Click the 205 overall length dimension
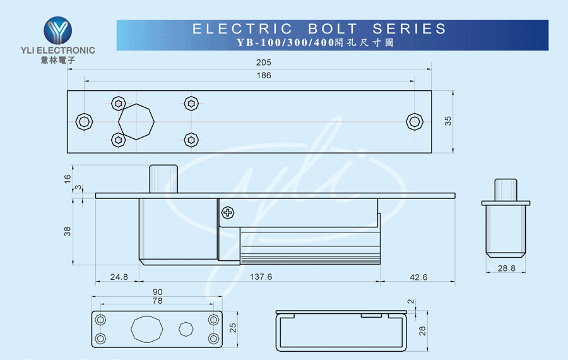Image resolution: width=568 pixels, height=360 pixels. coord(263,63)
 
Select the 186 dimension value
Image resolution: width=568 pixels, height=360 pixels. coord(263,75)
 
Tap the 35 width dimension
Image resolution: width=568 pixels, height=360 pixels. coord(448,121)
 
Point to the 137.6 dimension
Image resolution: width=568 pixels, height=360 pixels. coord(261,277)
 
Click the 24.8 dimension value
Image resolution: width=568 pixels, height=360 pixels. coord(119,277)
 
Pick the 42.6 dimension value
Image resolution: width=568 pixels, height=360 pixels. coord(418,277)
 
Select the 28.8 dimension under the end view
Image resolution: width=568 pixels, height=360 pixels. coord(506,268)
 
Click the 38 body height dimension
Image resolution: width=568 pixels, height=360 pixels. coord(68,231)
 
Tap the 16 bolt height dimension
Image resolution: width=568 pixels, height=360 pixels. coord(68,179)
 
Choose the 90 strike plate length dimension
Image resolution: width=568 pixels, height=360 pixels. coord(158,292)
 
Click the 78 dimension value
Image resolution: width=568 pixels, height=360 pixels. coord(158,301)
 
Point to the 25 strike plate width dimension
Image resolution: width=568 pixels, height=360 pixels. coord(233,328)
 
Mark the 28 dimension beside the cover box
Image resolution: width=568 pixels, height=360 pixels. coord(422,331)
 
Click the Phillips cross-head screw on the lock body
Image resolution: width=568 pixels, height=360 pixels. coord(228,212)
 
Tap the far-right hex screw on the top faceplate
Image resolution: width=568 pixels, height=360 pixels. coord(415,121)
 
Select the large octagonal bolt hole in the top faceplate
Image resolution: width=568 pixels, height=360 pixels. coord(136,122)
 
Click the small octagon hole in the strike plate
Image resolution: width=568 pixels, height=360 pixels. coord(186,329)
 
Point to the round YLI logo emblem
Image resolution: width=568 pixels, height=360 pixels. coord(58,30)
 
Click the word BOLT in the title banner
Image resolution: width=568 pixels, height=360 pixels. coord(333,28)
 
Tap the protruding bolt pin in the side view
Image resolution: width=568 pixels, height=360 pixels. coord(163,179)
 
